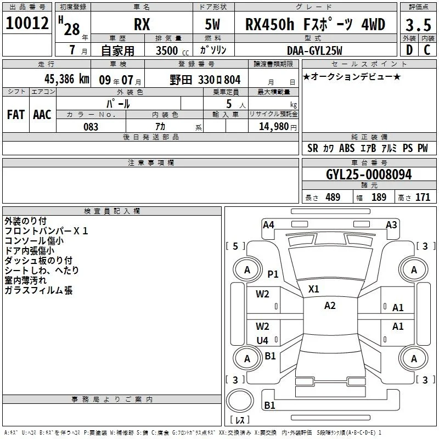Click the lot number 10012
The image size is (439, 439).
click(x=27, y=23)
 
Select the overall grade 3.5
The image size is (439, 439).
click(x=418, y=25)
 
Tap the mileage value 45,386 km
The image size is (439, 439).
click(x=66, y=79)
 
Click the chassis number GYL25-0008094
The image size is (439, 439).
click(x=369, y=175)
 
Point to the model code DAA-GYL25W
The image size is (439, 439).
click(x=314, y=50)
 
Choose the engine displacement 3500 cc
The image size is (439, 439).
click(x=172, y=50)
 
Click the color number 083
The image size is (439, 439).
click(x=91, y=127)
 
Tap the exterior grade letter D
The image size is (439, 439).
click(x=409, y=50)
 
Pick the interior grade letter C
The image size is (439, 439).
click(x=427, y=50)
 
